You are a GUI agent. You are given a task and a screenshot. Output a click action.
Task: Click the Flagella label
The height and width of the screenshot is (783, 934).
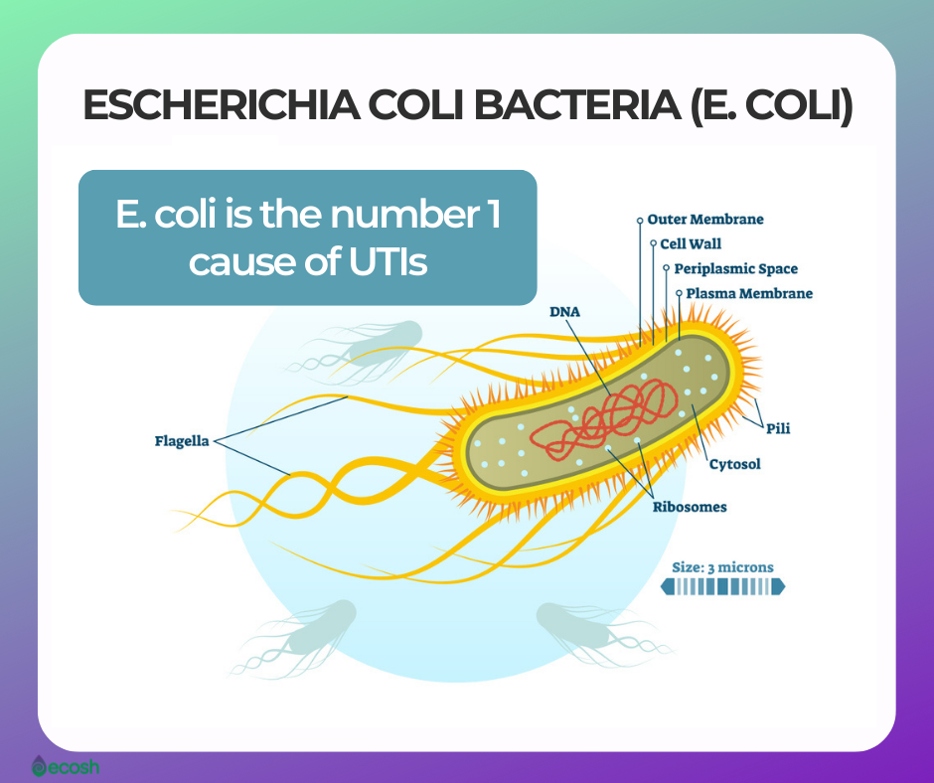coord(182,441)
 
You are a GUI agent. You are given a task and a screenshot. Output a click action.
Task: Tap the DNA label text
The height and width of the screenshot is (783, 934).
coord(564,312)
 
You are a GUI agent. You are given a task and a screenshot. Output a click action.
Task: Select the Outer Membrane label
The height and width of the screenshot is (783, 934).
coord(705,220)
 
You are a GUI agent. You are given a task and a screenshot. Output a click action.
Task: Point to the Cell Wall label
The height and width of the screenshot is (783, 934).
coord(691,243)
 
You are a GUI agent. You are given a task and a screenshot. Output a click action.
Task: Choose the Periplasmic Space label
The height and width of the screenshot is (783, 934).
coord(735,268)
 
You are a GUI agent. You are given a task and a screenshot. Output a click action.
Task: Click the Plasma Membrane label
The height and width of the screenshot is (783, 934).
coord(749,293)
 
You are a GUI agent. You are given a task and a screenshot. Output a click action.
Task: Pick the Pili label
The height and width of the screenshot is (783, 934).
coord(778,428)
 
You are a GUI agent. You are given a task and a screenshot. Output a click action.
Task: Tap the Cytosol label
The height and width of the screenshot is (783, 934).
coord(735,464)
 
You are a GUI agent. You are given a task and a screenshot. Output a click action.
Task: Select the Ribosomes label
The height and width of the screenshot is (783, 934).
coord(690,507)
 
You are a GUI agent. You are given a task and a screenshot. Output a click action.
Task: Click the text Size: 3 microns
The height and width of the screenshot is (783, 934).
coord(722,567)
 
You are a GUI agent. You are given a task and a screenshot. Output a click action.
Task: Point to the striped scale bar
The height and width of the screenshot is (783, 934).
coord(722,587)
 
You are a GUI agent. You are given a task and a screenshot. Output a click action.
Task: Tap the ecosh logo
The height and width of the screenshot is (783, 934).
coord(66,766)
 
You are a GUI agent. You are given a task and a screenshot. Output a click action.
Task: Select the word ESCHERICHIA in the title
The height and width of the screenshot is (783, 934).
coord(221,105)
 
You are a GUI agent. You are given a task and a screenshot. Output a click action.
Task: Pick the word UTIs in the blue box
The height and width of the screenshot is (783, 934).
coord(388,261)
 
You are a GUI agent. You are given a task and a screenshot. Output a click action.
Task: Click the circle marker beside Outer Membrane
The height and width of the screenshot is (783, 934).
coord(640,220)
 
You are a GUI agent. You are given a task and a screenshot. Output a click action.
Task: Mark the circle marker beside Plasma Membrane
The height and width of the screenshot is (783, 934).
coord(679,293)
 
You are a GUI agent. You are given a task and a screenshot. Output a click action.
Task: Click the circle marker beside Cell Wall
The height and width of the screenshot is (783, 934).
coord(653,243)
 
